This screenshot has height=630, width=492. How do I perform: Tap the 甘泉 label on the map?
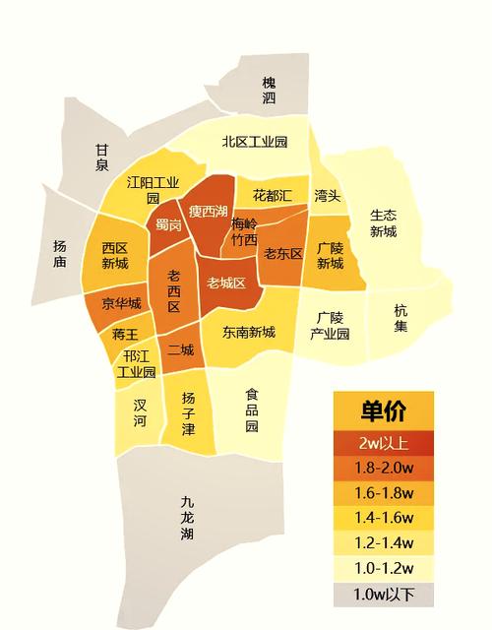[x=102, y=157]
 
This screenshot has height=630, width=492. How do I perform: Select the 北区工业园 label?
[x=255, y=142]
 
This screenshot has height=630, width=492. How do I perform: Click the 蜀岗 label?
[x=168, y=225]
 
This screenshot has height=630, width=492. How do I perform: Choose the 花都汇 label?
[x=273, y=195]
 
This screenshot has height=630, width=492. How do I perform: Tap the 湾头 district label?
[x=327, y=196]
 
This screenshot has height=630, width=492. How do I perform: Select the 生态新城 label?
[x=383, y=223]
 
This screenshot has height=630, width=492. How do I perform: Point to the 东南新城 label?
[x=248, y=332]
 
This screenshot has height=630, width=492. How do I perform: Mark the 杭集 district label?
[x=400, y=317]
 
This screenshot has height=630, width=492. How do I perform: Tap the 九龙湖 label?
[x=187, y=518]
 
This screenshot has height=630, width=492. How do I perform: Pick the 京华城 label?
[x=122, y=303]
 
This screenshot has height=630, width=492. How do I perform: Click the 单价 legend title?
[x=383, y=410]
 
